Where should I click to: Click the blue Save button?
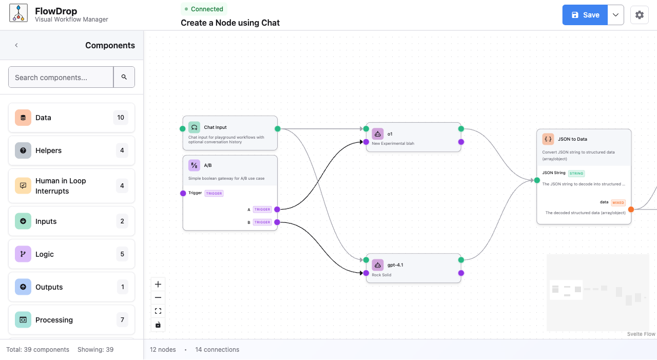[x=585, y=15]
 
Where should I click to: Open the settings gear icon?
[x=639, y=15]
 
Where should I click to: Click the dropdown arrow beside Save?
[x=616, y=15]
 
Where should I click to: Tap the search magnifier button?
[x=124, y=77]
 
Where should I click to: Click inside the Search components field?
[x=61, y=77]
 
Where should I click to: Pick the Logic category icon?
[x=23, y=254]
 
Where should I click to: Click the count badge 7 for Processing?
[x=122, y=320]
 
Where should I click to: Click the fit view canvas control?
[x=158, y=311]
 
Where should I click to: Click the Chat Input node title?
[x=215, y=127]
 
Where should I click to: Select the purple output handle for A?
[x=277, y=209]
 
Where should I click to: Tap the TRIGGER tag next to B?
[x=262, y=222]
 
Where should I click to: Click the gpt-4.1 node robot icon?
[x=378, y=265]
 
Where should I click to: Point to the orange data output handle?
[x=631, y=209]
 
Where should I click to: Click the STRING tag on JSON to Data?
[x=576, y=174]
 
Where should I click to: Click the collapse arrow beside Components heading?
[x=16, y=45]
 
